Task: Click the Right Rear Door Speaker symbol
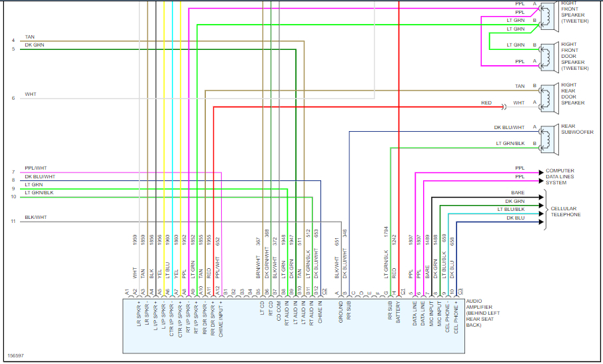click(x=547, y=94)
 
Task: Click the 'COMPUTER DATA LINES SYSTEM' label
click(x=560, y=176)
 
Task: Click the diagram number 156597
click(x=17, y=356)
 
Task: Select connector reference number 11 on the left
click(x=13, y=221)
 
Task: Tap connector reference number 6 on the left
click(x=13, y=98)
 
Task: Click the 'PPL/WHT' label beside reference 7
click(x=35, y=168)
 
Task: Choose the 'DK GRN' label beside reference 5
click(x=34, y=45)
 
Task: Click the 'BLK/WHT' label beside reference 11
click(x=35, y=218)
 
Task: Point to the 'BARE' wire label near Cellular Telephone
click(x=518, y=193)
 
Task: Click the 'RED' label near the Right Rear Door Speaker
click(x=486, y=103)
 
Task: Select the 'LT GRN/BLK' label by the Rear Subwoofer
click(x=510, y=143)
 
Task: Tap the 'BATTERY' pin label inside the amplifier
click(x=398, y=313)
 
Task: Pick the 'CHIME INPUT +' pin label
click(x=221, y=318)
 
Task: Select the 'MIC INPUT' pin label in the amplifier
click(x=430, y=314)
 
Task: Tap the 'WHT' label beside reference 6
click(x=30, y=94)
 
